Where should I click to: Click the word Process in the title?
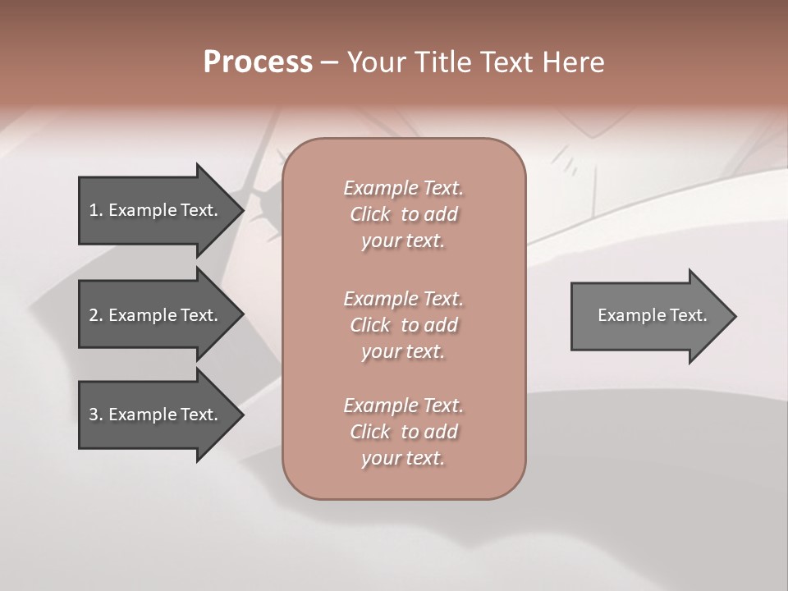pos(258,62)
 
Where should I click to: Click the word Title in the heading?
pos(442,62)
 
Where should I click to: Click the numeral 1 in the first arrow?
pos(94,210)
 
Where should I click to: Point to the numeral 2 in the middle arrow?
pos(94,315)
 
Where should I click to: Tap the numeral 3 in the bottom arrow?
pos(94,415)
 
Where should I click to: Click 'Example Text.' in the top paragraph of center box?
pos(403,188)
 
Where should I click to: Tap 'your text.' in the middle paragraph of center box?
pos(402,351)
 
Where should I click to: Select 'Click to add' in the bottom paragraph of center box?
pos(403,432)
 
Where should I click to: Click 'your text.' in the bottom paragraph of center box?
pos(402,458)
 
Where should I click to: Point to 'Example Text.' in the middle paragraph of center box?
pos(403,298)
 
